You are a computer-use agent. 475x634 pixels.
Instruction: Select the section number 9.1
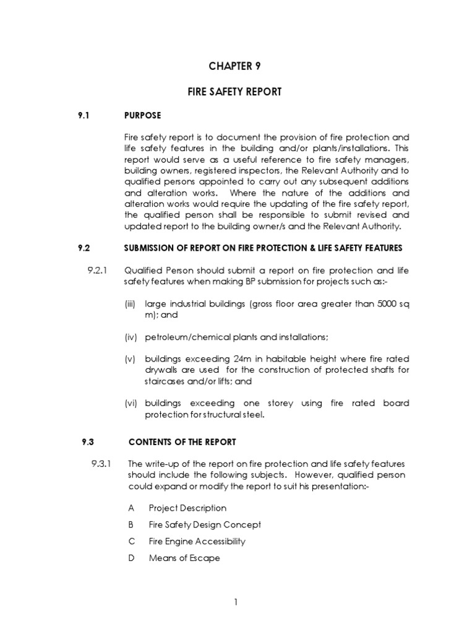(x=84, y=116)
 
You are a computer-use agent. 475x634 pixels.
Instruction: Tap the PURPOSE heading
(x=142, y=116)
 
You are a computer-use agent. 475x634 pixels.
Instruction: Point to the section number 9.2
(x=84, y=248)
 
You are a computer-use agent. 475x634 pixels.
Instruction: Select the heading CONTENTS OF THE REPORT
(x=181, y=442)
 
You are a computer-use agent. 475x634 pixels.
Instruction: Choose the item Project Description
(x=187, y=508)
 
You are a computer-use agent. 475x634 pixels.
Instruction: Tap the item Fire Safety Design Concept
(x=205, y=524)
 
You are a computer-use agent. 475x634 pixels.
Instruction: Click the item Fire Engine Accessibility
(x=197, y=541)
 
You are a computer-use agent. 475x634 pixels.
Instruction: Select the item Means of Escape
(x=184, y=558)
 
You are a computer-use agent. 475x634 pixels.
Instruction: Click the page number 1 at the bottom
(x=236, y=601)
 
